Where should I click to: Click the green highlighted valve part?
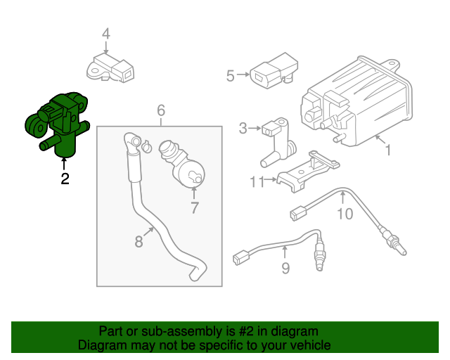click(x=56, y=124)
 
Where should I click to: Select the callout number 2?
click(x=65, y=179)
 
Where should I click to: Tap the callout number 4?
click(x=105, y=34)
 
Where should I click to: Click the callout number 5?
click(x=230, y=75)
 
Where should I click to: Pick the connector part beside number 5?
click(x=270, y=72)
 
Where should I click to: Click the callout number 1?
click(x=387, y=150)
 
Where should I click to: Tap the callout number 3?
click(x=243, y=128)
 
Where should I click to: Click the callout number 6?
click(x=160, y=110)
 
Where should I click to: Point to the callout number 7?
click(x=195, y=207)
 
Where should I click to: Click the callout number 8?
click(x=139, y=241)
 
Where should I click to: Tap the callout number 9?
click(x=285, y=267)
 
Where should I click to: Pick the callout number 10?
click(x=345, y=213)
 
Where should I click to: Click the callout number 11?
click(x=256, y=182)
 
